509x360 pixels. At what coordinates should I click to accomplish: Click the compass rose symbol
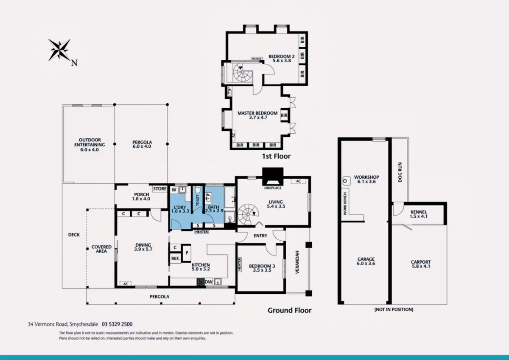click(x=59, y=50)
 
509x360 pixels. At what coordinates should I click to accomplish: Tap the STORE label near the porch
click(x=160, y=189)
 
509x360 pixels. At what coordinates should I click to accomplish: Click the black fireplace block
click(x=273, y=177)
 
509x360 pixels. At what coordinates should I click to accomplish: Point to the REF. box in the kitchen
click(x=176, y=259)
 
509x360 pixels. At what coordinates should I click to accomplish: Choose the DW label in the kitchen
click(x=209, y=282)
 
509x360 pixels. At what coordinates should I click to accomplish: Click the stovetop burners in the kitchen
click(x=201, y=282)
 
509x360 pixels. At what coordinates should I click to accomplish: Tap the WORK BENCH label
click(x=345, y=204)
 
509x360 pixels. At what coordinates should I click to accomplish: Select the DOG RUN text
click(x=400, y=172)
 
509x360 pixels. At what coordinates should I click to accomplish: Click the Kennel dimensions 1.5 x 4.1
click(x=419, y=216)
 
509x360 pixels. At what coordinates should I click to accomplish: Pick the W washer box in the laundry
click(x=174, y=190)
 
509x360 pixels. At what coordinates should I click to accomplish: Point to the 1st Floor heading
click(x=276, y=156)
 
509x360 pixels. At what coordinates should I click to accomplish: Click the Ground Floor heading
click(x=289, y=310)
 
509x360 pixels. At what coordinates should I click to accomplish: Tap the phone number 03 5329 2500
click(x=117, y=324)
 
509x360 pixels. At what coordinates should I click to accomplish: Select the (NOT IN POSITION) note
click(x=394, y=309)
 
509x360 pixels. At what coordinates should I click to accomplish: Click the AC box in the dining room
click(x=126, y=284)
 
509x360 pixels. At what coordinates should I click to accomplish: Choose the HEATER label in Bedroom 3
click(x=239, y=264)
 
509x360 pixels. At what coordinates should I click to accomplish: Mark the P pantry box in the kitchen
click(x=187, y=253)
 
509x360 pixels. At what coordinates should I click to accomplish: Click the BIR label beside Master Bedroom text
click(x=284, y=115)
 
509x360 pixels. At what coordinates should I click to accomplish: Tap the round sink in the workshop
click(x=345, y=181)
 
